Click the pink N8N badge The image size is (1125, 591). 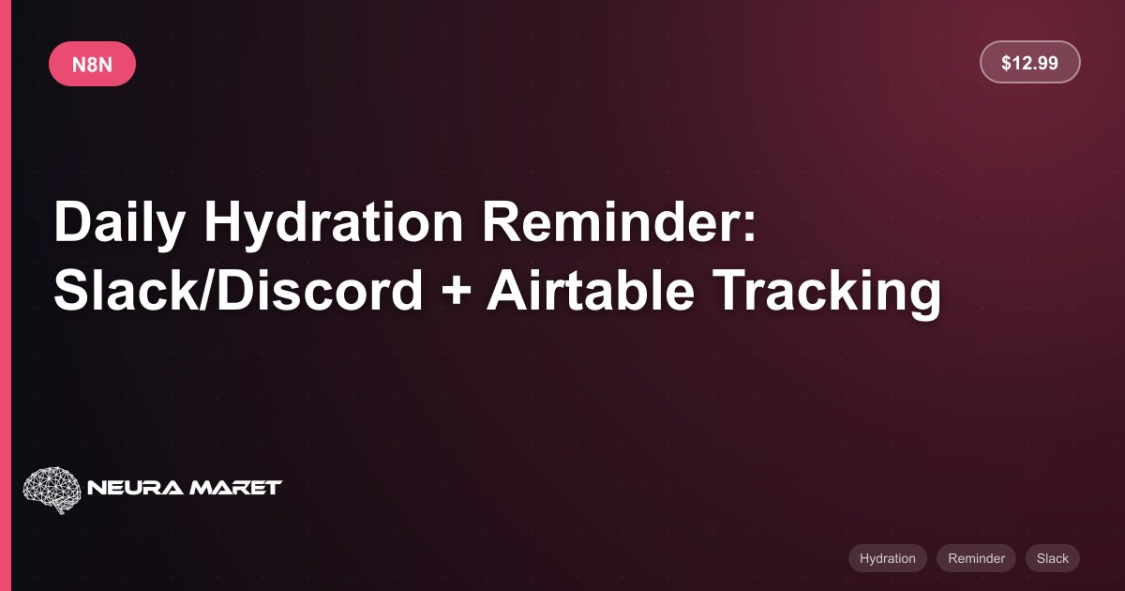92,64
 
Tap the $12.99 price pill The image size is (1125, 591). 1029,62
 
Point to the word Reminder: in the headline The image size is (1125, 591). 619,221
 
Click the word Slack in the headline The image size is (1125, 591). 127,290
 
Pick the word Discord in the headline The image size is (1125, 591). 320,290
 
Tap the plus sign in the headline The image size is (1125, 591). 456,293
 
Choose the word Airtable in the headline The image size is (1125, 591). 591,290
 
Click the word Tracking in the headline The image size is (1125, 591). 827,293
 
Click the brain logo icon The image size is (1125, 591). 52,490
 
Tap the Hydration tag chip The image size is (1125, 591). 888,558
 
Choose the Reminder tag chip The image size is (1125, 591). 976,558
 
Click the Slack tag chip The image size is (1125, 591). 1053,558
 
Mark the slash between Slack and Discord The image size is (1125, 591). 208,290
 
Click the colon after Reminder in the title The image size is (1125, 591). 749,228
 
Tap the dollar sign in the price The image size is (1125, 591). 1006,63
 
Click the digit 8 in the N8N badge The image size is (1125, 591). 92,65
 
